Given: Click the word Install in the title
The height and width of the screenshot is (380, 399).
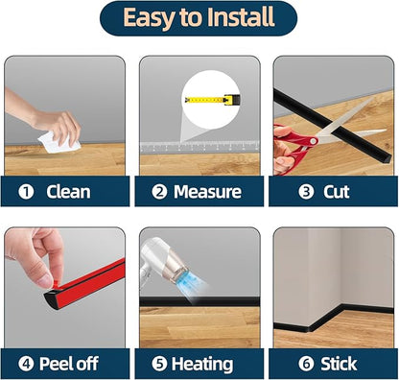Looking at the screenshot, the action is [x=240, y=17].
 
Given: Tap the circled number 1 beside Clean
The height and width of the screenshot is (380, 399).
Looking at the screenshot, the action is [x=26, y=192].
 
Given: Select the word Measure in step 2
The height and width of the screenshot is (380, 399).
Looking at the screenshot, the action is [x=207, y=192].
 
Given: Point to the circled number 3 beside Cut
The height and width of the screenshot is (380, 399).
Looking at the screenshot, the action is [x=306, y=192].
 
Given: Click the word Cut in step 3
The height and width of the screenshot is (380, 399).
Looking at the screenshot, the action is [x=337, y=192].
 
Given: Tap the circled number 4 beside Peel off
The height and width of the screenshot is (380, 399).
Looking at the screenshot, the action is [x=26, y=364].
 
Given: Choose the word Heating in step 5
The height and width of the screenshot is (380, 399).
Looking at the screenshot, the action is [x=202, y=365].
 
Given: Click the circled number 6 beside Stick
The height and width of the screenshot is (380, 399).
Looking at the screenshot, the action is [x=306, y=364].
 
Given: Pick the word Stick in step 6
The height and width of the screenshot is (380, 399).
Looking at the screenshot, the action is [x=339, y=364].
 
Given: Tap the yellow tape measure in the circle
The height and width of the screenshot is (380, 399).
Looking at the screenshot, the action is [x=212, y=100].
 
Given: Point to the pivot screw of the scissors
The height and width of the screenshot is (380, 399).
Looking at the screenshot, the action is [x=313, y=141].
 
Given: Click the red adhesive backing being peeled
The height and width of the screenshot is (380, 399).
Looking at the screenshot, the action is [x=89, y=282].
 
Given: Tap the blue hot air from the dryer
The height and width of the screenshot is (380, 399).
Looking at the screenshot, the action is [x=191, y=282].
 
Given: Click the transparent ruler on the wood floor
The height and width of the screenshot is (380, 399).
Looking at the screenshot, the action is [x=199, y=147].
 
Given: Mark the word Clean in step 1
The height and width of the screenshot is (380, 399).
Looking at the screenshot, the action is [x=68, y=192].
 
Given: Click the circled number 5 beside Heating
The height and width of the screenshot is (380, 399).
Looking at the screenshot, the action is [x=159, y=364].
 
